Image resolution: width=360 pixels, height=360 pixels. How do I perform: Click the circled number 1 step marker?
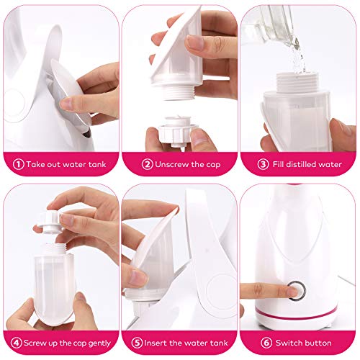pyautogui.click(x=17, y=163)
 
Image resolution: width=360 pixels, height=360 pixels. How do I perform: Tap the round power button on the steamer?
pyautogui.click(x=294, y=291)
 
